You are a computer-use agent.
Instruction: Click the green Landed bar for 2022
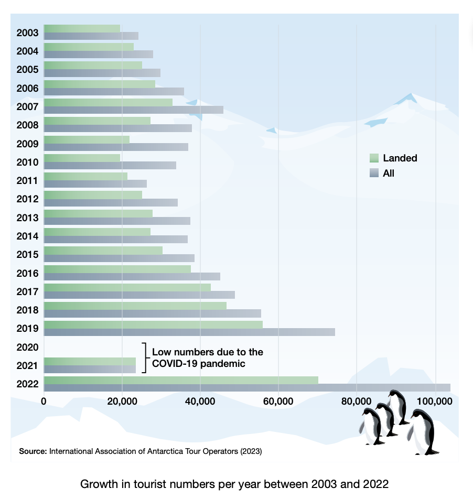coord(181,380)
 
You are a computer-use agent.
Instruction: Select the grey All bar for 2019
coord(189,332)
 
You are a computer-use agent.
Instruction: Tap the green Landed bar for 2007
coord(108,102)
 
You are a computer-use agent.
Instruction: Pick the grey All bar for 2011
coord(95,183)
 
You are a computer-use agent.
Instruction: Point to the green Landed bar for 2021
coord(90,361)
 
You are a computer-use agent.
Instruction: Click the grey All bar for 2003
coord(91,36)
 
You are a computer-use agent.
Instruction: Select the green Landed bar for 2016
coord(117,269)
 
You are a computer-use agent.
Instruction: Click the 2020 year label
coord(27,347)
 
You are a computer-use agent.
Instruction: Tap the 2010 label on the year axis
coord(27,162)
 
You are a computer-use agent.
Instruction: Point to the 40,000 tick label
coord(200,402)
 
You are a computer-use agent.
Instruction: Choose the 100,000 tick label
coord(434,402)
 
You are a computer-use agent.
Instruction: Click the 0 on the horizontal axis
coord(44,402)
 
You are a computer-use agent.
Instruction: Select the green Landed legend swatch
coord(374,158)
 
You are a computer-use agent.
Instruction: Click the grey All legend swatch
coord(374,173)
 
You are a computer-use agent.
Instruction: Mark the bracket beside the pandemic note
coord(144,357)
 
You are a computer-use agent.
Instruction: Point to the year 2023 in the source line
coord(250,451)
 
